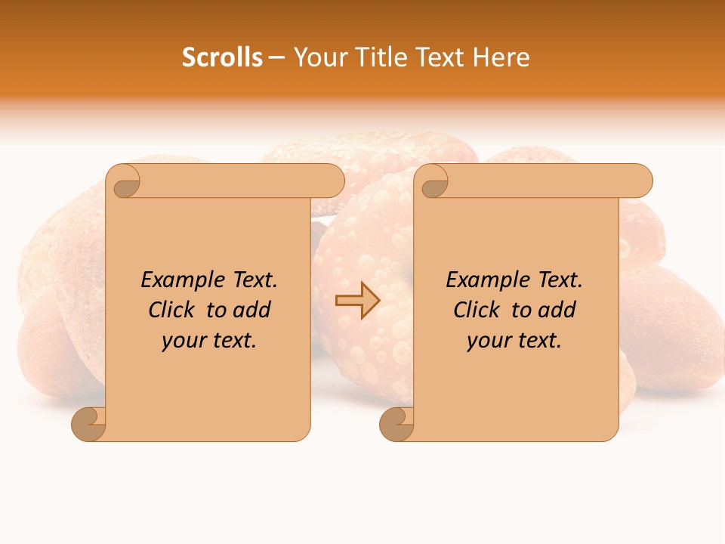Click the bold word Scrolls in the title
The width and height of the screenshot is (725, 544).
point(222,57)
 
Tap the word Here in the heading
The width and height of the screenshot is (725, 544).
point(501,57)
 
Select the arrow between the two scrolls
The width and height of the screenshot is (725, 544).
point(358,301)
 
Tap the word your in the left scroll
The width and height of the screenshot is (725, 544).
point(182,341)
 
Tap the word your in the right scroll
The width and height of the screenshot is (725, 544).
point(487,341)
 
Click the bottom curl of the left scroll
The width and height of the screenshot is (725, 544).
point(89,424)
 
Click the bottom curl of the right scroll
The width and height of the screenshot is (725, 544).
point(397,424)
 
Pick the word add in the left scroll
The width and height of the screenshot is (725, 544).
point(252,311)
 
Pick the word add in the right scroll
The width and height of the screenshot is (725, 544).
point(557,311)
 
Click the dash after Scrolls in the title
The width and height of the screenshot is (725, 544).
point(276,58)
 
